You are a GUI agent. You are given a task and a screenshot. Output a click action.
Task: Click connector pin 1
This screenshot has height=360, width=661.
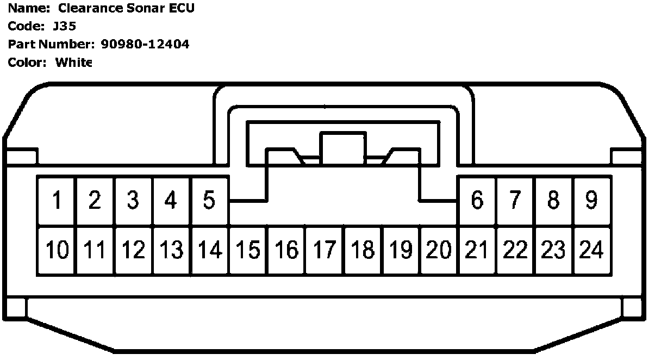click(x=57, y=201)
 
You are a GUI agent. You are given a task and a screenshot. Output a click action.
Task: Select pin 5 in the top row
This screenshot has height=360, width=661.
click(x=209, y=201)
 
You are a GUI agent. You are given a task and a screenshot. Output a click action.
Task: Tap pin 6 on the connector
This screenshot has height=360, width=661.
click(x=477, y=201)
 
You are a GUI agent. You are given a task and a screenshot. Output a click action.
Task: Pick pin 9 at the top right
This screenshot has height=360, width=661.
click(x=591, y=201)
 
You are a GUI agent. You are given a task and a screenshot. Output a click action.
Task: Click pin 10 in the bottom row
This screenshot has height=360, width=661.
click(x=57, y=250)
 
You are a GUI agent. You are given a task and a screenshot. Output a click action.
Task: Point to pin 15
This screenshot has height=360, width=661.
click(x=248, y=250)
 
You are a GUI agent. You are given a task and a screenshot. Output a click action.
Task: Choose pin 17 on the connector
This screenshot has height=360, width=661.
click(x=325, y=250)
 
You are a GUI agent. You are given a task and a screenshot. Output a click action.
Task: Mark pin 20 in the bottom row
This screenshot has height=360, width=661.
click(x=439, y=250)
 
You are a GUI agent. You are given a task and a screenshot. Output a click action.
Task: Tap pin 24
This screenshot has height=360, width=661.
click(x=591, y=250)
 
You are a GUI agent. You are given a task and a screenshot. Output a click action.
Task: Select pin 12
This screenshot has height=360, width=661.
click(x=133, y=250)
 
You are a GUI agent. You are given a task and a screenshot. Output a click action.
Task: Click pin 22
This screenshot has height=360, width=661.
click(x=515, y=250)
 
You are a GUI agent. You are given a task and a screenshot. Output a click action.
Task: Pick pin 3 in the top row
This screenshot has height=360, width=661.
click(x=133, y=201)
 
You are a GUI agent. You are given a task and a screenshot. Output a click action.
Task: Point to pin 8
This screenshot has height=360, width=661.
click(x=553, y=201)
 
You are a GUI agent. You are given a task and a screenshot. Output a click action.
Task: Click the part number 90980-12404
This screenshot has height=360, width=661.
click(x=145, y=45)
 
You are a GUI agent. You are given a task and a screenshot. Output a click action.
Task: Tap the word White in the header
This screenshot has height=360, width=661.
click(x=73, y=63)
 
